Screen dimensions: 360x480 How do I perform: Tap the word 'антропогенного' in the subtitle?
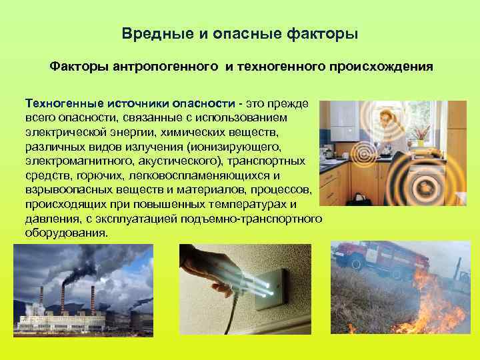pyautogui.click(x=167, y=67)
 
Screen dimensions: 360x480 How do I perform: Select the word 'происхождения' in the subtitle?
pyautogui.click(x=386, y=67)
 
